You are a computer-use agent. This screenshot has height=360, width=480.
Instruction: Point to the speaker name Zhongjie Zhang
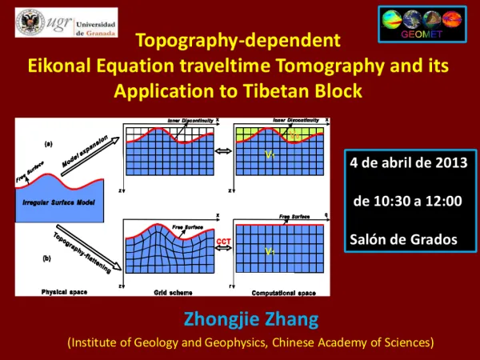[251, 320]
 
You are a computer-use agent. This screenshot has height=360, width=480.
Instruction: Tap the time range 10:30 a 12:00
[407, 200]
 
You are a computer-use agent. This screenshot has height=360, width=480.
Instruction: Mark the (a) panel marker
[49, 144]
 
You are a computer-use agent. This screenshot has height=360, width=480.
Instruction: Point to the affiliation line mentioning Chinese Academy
[250, 342]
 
